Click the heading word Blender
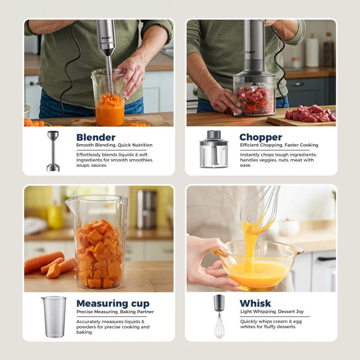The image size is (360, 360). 96,138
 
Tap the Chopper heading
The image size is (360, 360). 261,137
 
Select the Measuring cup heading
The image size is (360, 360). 113,303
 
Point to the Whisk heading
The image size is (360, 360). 255,303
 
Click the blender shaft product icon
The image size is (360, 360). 53,151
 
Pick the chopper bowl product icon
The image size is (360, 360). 214,149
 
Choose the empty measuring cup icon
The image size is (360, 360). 54,317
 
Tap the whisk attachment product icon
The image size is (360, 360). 219,316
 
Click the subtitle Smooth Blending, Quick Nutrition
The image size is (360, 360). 114,145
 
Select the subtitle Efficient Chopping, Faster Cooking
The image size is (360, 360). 279,145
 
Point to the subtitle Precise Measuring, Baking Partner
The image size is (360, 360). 115,312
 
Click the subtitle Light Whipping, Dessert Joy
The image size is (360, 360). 272,312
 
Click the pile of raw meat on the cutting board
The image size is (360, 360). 310,113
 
